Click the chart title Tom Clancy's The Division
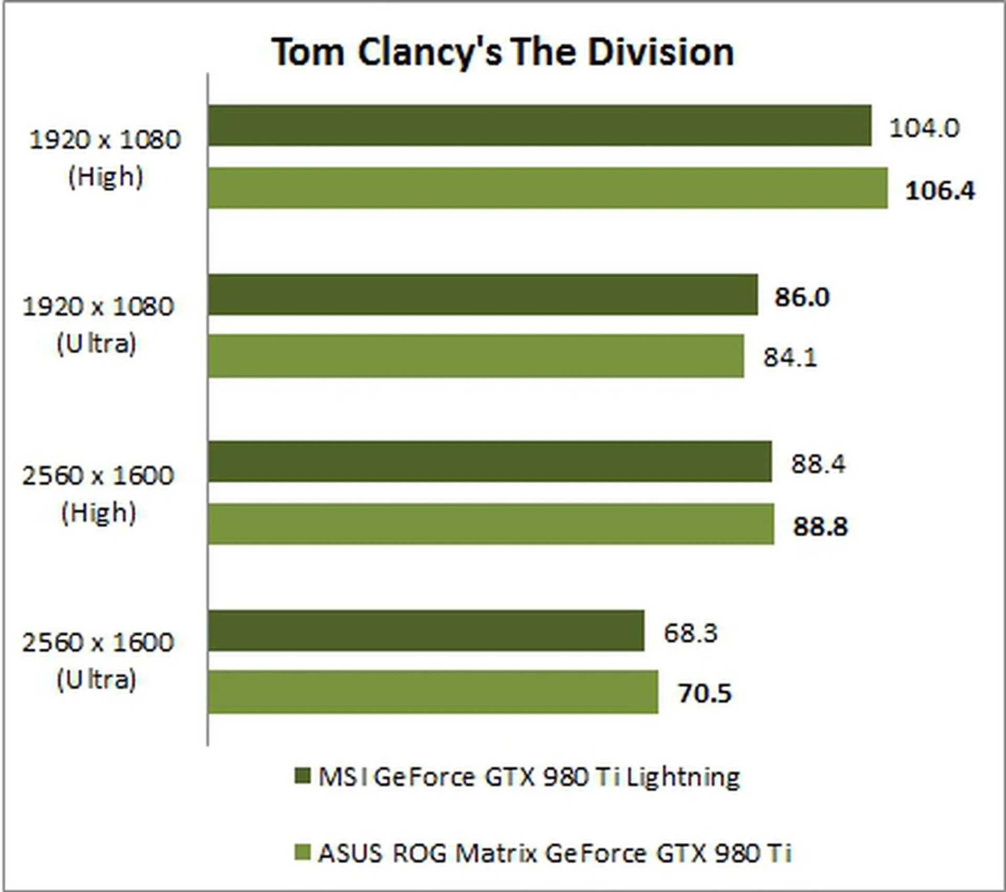pyautogui.click(x=503, y=52)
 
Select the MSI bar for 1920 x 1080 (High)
pyautogui.click(x=540, y=126)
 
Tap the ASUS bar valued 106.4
pyautogui.click(x=548, y=188)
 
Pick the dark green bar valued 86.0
pyautogui.click(x=483, y=295)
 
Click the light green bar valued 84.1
pyautogui.click(x=476, y=356)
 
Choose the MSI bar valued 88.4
pyautogui.click(x=490, y=462)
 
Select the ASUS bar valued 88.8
pyautogui.click(x=491, y=524)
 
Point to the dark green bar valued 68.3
pyautogui.click(x=426, y=630)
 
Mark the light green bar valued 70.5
pyautogui.click(x=433, y=692)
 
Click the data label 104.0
pyautogui.click(x=924, y=128)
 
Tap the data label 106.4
pyautogui.click(x=940, y=190)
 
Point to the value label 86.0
pyautogui.click(x=802, y=297)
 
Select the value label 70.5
pyautogui.click(x=705, y=693)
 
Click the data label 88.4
pyautogui.click(x=818, y=464)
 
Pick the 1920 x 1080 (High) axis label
pyautogui.click(x=105, y=158)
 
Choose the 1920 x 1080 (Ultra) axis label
pyautogui.click(x=97, y=325)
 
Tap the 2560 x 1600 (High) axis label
pyautogui.click(x=97, y=494)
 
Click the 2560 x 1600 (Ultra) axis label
pyautogui.click(x=97, y=661)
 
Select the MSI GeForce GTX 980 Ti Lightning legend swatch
pyautogui.click(x=303, y=776)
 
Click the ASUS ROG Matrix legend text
pyautogui.click(x=554, y=854)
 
